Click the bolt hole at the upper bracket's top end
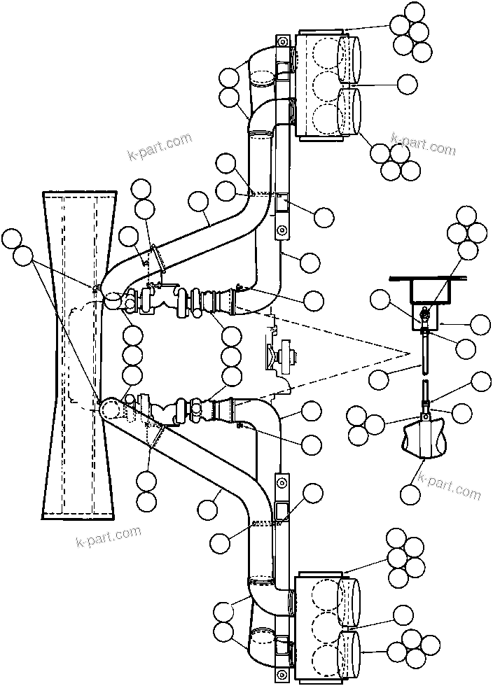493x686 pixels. point(283,42)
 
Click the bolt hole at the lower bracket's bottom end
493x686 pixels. point(282,674)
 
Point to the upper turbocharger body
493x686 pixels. point(151,300)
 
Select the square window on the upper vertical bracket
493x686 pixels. point(284,204)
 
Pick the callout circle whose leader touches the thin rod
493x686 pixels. point(379,379)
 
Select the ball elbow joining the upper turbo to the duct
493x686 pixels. point(112,297)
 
